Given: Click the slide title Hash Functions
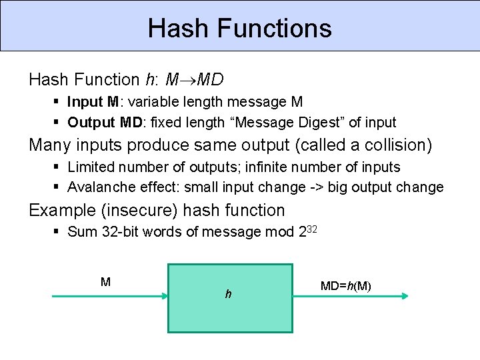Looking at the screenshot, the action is [x=239, y=28].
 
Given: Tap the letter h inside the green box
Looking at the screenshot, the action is [x=228, y=293].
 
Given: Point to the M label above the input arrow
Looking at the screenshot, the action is [x=105, y=282].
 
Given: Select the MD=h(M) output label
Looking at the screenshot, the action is [x=345, y=286].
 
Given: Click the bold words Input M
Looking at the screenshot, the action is [x=93, y=102].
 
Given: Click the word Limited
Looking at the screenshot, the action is [x=90, y=167].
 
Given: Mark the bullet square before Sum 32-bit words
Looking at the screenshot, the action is [x=57, y=231].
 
